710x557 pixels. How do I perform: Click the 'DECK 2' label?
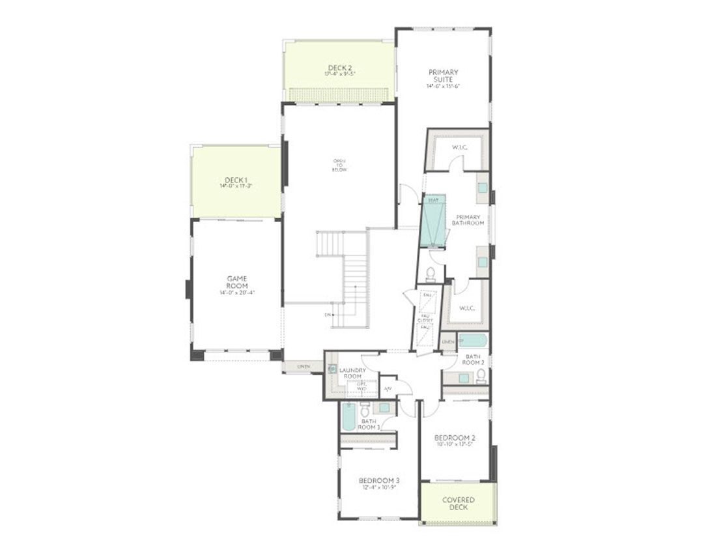pos(339,68)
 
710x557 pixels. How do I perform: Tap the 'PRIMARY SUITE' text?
pos(443,76)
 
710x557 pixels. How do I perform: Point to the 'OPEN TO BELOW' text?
pos(339,165)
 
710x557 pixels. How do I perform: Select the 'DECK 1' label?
pos(236,180)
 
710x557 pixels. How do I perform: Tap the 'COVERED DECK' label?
pos(458,504)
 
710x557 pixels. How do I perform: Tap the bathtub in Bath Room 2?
pos(472,341)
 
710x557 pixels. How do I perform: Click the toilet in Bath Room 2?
pos(481,375)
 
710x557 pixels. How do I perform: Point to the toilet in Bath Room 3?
pos(365,409)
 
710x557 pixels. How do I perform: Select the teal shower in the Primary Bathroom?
pos(433,221)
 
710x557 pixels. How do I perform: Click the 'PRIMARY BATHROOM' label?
pos(469,220)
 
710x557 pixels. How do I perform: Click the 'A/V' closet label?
pos(388,389)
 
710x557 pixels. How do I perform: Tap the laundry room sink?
pos(332,369)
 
